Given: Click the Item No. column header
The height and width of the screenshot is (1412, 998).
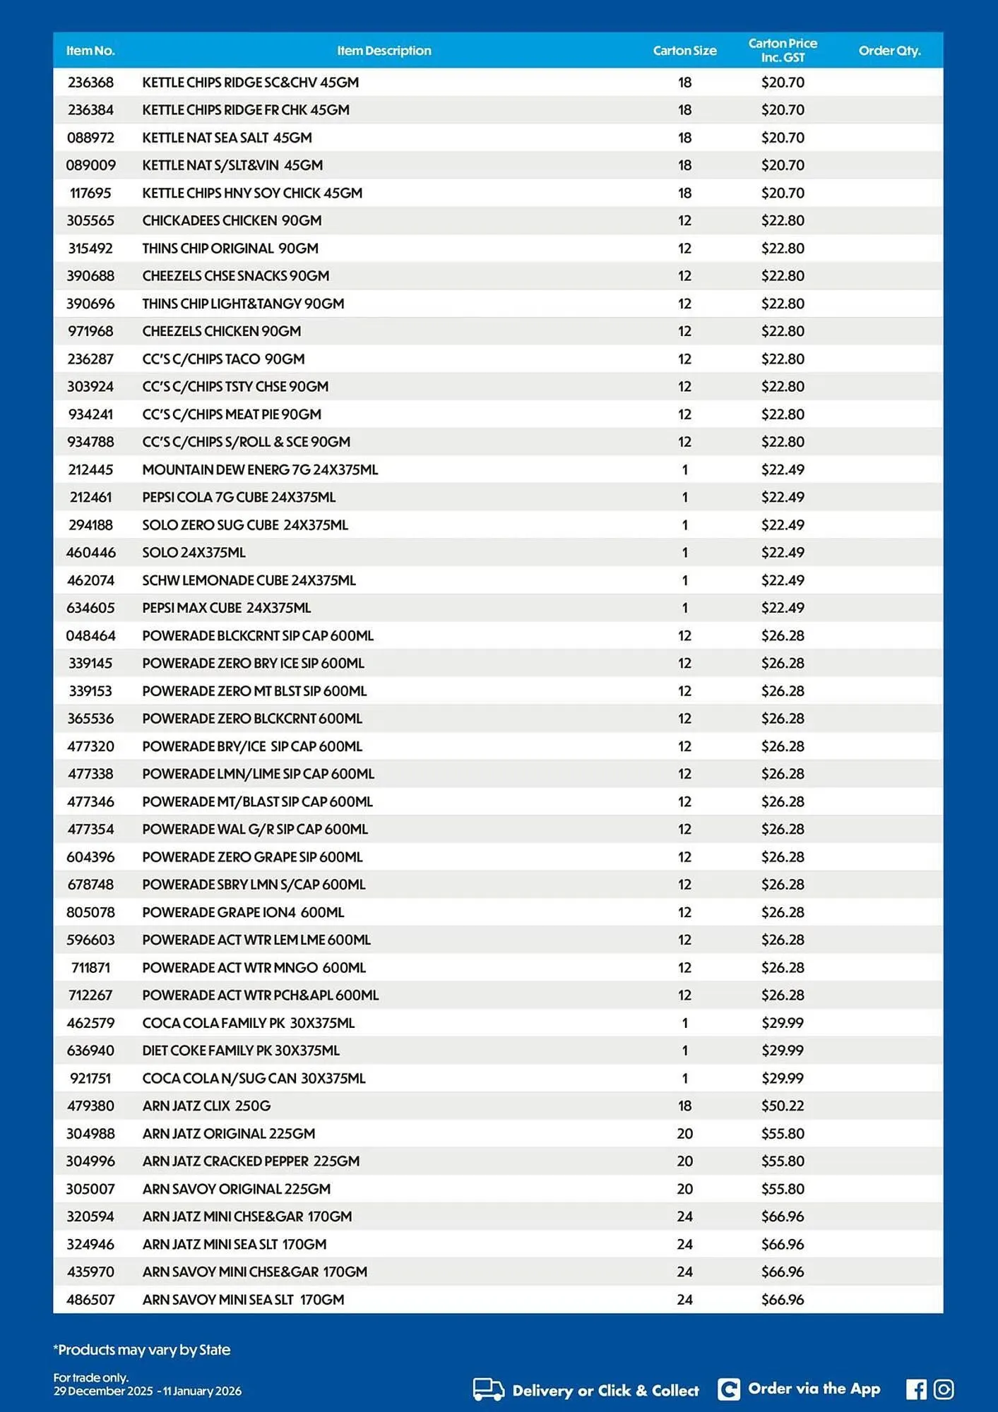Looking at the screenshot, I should (90, 51).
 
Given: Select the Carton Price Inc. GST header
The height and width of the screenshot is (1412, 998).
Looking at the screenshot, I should (783, 50).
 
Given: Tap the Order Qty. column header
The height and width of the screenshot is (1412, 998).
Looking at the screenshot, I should (889, 51).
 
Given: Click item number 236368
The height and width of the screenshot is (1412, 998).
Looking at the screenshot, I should (90, 83).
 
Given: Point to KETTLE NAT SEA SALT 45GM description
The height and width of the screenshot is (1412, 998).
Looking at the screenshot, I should (227, 138).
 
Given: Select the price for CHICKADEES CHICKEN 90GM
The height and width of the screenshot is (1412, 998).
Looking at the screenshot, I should (783, 220).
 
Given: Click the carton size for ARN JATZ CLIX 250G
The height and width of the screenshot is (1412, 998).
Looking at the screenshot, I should (684, 1106).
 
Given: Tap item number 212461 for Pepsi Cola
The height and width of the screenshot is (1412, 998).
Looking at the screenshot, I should (90, 497).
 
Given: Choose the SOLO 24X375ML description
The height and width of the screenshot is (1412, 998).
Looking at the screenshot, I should (194, 553).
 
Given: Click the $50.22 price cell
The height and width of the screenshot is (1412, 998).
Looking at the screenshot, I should (783, 1106).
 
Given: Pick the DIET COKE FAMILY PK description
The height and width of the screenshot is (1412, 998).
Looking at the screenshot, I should (241, 1051).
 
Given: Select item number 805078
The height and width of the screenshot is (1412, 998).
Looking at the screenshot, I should (90, 912).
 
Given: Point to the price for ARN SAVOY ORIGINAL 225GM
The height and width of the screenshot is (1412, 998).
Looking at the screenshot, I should (783, 1189).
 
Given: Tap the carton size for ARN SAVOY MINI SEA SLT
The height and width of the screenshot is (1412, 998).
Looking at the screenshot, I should (684, 1300).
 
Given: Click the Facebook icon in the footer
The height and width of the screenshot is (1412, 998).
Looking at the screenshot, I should (916, 1389).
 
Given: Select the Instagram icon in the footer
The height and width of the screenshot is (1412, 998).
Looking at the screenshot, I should (944, 1389).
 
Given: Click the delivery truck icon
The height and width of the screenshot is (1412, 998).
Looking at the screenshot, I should (488, 1389).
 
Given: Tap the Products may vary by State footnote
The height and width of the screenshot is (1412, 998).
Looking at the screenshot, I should (142, 1350).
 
